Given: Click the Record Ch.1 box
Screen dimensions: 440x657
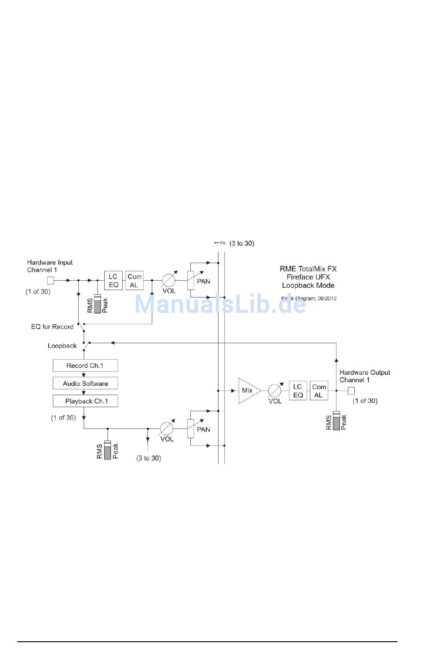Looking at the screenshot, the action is (x=85, y=366).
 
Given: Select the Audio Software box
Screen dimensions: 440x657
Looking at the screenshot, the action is (x=85, y=383).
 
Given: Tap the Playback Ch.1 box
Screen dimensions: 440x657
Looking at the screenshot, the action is (x=85, y=401).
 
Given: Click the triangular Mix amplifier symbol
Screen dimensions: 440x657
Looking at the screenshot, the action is (x=249, y=390).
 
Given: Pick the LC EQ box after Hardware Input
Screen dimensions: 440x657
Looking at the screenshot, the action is (x=113, y=280).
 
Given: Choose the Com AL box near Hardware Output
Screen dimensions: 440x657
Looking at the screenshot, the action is (x=319, y=390).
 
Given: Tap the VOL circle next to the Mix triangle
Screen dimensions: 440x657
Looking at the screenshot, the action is (x=275, y=390).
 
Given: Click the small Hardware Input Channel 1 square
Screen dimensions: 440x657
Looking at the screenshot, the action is (x=50, y=280).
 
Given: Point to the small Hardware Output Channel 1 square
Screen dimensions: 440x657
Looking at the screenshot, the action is (x=351, y=390).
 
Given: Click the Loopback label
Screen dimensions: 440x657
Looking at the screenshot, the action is (x=62, y=346).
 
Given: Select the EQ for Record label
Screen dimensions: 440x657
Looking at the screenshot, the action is (x=52, y=327).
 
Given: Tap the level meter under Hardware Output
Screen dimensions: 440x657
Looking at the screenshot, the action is (x=336, y=421).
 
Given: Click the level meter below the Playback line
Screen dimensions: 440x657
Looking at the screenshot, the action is (x=107, y=450).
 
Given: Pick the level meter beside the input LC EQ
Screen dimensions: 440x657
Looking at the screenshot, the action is (x=97, y=304).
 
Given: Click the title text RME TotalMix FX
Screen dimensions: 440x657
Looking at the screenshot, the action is (x=308, y=269).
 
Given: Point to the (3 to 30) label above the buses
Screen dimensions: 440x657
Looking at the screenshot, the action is (x=242, y=243).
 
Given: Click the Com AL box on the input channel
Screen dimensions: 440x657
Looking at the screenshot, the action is (x=134, y=280).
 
